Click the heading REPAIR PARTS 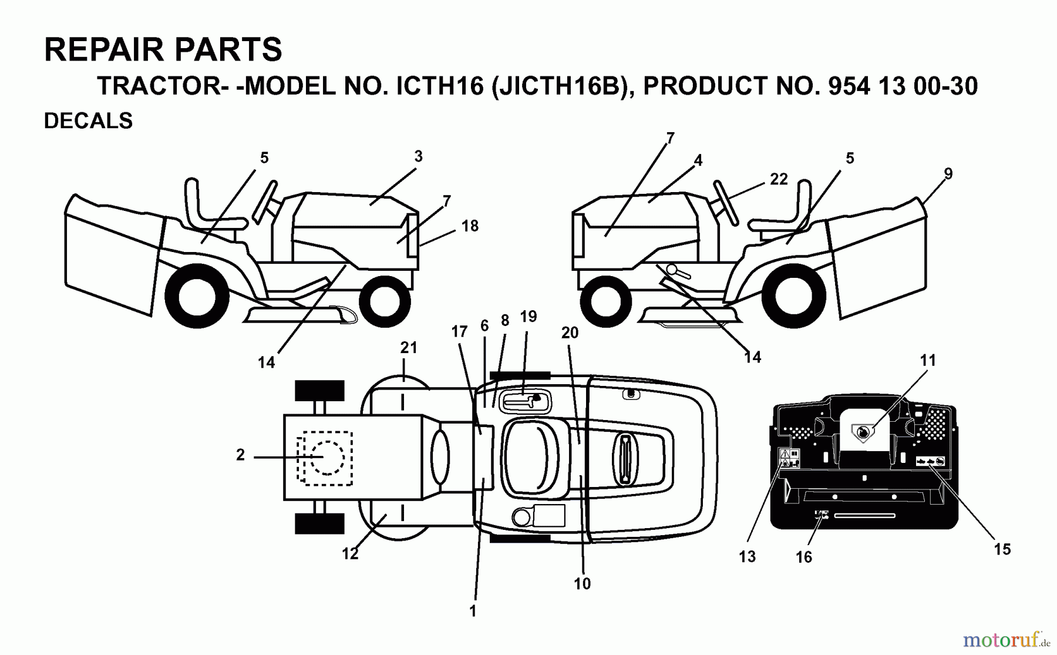(x=163, y=49)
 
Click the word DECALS (x=88, y=121)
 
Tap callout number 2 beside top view (x=240, y=455)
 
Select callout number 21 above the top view (x=409, y=348)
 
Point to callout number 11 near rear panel (x=928, y=360)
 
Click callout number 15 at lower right (x=1002, y=549)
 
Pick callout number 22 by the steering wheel (x=779, y=179)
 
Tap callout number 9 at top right (x=948, y=174)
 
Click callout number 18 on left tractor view (x=470, y=226)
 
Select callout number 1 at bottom (x=473, y=611)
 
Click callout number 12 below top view (x=350, y=554)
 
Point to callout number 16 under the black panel (x=803, y=557)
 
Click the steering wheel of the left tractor (x=265, y=202)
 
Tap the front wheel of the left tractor (x=385, y=301)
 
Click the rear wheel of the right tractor (x=793, y=295)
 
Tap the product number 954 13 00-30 (x=903, y=86)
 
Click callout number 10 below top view (x=582, y=584)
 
